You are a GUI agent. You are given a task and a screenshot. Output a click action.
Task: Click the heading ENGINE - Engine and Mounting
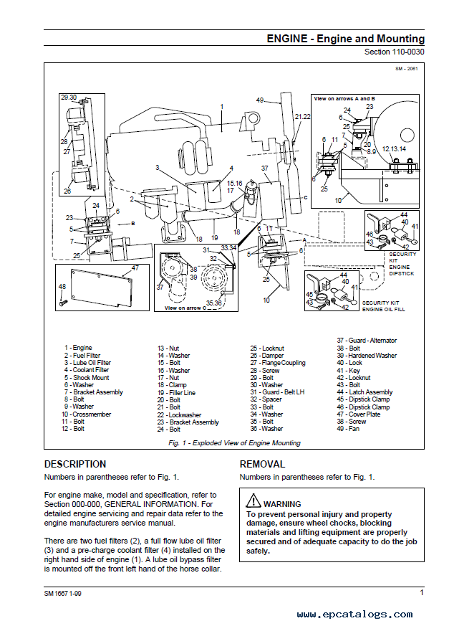(345, 39)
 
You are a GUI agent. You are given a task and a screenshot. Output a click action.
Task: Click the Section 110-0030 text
(395, 52)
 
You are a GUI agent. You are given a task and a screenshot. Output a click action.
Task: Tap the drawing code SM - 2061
(406, 69)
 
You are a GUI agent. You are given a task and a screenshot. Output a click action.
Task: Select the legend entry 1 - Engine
(78, 348)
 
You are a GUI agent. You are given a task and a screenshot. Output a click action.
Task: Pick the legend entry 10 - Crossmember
(86, 414)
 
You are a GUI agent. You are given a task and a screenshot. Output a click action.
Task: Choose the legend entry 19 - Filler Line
(176, 392)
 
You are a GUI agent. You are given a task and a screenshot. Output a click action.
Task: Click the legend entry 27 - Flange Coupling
(278, 363)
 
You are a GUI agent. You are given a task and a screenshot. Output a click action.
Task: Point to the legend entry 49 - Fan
(348, 428)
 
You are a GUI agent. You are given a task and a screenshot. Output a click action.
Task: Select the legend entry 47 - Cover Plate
(359, 414)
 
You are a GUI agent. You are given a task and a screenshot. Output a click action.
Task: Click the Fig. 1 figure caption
(234, 442)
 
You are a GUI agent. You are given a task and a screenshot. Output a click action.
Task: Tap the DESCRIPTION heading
(75, 465)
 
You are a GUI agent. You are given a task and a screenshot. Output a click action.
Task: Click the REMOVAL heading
(262, 465)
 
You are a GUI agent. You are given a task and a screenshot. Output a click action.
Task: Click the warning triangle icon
(254, 501)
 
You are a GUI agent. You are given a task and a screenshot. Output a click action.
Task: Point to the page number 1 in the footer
(422, 592)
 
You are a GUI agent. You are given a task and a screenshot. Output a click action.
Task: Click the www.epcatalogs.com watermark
(354, 615)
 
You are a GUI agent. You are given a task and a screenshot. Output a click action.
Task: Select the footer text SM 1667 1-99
(62, 594)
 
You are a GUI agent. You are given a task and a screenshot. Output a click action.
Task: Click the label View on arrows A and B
(344, 99)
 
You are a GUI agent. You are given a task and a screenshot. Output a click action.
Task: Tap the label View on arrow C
(185, 308)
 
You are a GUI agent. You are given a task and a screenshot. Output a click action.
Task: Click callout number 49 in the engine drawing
(260, 100)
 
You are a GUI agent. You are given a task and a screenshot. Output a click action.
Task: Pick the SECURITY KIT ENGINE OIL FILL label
(383, 306)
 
